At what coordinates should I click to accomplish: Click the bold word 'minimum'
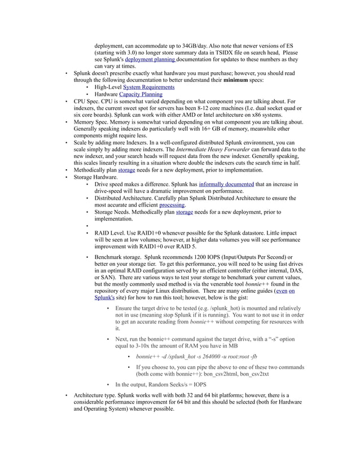point(238,80)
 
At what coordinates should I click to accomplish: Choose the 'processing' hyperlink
point(172,205)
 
